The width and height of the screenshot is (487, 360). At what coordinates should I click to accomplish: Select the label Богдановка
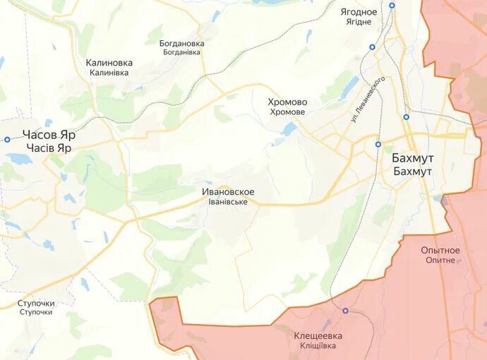click(x=181, y=43)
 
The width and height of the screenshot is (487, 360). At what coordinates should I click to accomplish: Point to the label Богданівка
click(x=183, y=52)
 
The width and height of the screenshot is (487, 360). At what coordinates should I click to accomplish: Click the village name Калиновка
click(x=109, y=63)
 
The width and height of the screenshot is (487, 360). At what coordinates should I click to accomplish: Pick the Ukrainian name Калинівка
click(x=109, y=73)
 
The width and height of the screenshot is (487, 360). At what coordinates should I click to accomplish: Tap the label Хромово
click(x=287, y=102)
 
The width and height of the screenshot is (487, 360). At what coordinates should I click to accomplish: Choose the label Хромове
click(x=287, y=112)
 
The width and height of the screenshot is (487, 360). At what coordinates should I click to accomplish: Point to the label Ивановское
click(x=228, y=192)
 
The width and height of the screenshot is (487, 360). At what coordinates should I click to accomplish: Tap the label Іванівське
click(x=228, y=202)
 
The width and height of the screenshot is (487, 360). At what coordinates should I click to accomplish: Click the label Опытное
click(x=440, y=251)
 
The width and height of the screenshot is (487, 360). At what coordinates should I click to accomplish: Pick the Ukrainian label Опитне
click(x=440, y=260)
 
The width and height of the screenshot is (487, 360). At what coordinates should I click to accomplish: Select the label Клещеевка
click(x=318, y=336)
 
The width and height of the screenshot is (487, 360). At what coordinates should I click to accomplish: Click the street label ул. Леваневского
click(x=368, y=100)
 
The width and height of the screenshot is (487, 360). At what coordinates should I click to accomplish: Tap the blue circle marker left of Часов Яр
click(x=7, y=139)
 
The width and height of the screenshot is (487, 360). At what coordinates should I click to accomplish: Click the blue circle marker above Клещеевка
click(x=345, y=311)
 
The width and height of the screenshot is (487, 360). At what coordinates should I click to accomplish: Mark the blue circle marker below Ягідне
click(x=372, y=47)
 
